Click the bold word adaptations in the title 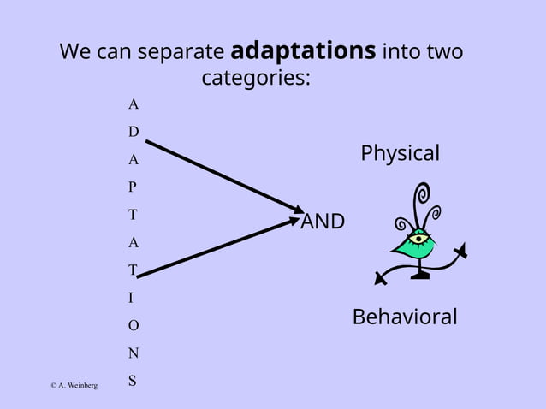tap(303, 51)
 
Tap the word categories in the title tap(255, 79)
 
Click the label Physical tap(400, 154)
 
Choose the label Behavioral tap(405, 317)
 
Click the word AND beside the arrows tap(323, 222)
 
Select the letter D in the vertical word tap(133, 132)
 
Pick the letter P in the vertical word tap(133, 187)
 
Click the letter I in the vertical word tap(131, 298)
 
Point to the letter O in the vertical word tap(133, 326)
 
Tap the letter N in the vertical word tap(133, 353)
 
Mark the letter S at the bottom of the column tap(133, 381)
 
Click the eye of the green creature tap(418, 239)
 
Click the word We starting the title tap(74, 52)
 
